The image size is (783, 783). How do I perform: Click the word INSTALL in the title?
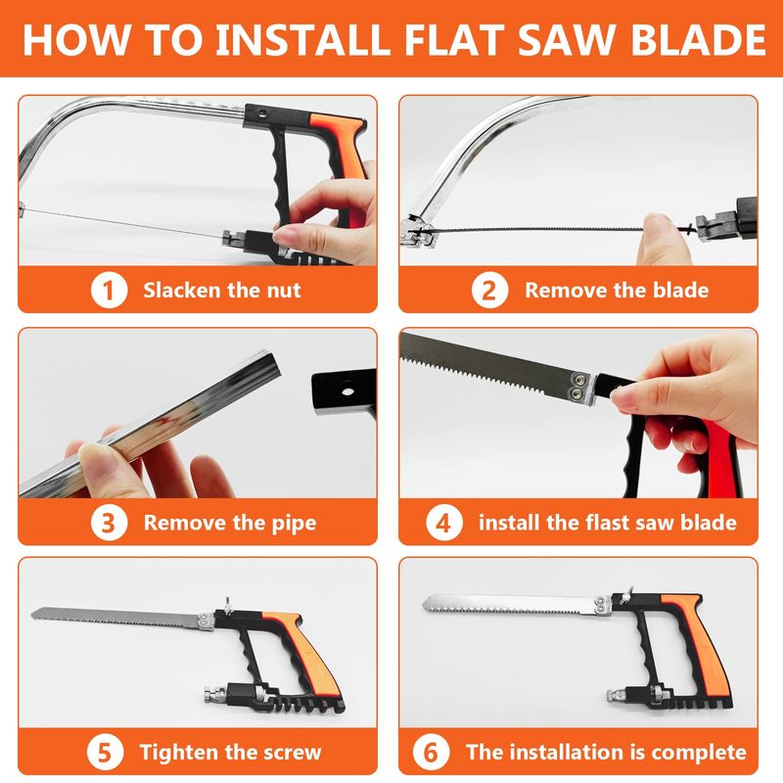(x=303, y=39)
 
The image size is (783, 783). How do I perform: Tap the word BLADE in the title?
(x=698, y=39)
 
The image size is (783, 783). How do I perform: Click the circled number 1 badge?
(x=109, y=290)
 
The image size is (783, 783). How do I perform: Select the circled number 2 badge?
(x=489, y=290)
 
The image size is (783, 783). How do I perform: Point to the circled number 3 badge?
(x=109, y=523)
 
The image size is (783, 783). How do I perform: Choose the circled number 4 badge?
(x=444, y=523)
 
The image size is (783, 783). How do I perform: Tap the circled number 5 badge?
(x=105, y=752)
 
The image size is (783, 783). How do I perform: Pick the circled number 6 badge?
(x=431, y=752)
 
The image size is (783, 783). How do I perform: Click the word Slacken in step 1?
(x=182, y=290)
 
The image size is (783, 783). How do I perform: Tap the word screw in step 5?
(x=291, y=753)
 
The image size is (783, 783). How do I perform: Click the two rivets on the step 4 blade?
(x=578, y=387)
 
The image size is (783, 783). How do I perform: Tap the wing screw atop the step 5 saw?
(x=227, y=605)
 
